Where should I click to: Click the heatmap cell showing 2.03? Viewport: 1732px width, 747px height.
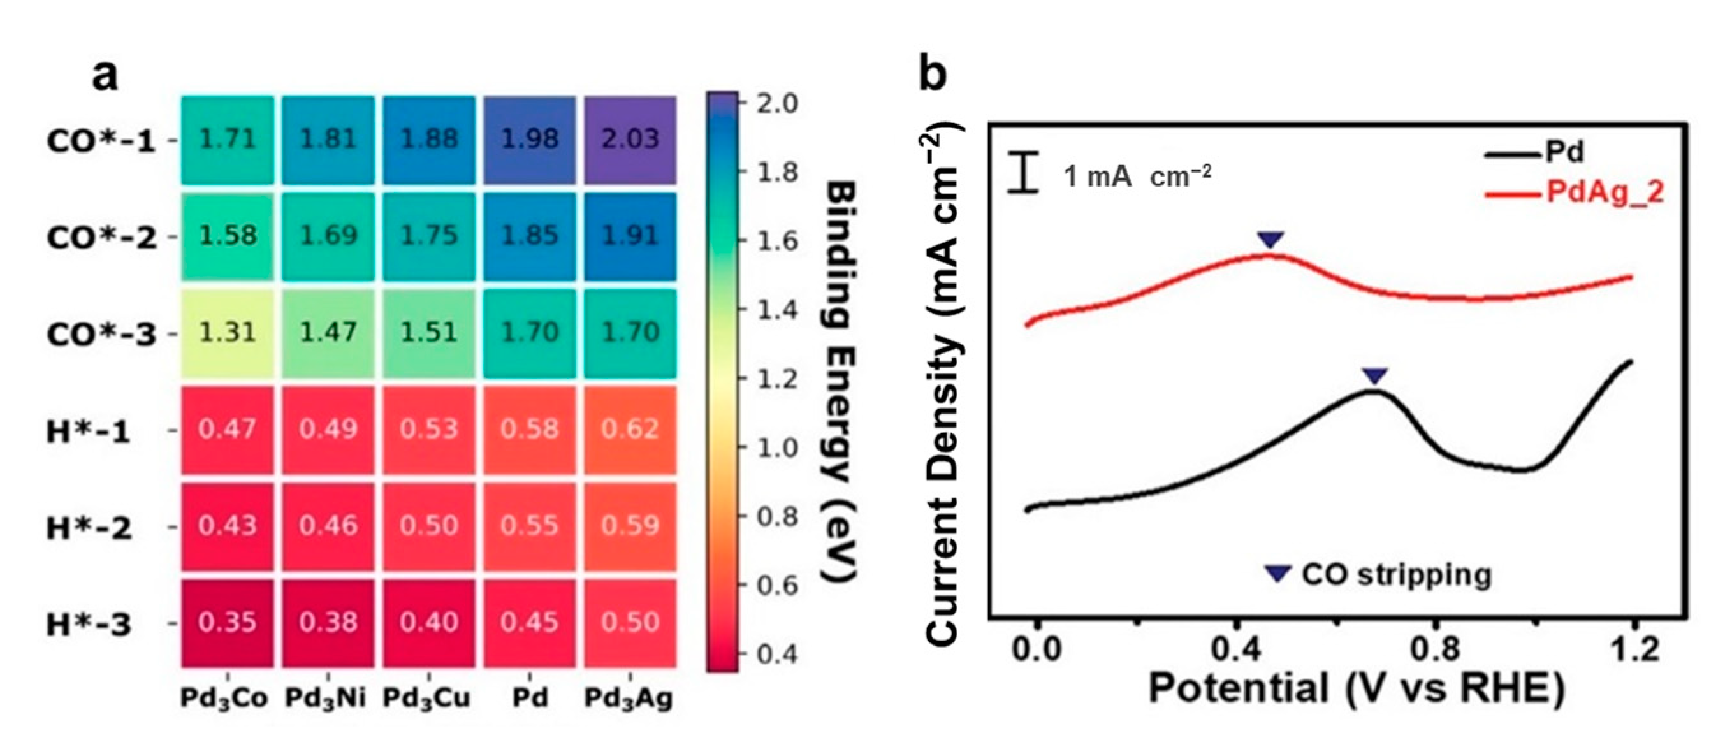pyautogui.click(x=630, y=140)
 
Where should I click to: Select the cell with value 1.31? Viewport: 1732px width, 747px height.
pyautogui.click(x=228, y=333)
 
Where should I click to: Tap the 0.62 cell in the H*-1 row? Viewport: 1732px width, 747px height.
pyautogui.click(x=630, y=429)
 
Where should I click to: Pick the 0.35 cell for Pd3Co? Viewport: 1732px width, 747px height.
pyautogui.click(x=228, y=623)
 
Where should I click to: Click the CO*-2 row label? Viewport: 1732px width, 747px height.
pyautogui.click(x=101, y=237)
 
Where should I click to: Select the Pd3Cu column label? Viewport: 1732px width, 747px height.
pyautogui.click(x=428, y=699)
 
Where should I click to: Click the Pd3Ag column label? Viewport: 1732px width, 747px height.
pyautogui.click(x=629, y=699)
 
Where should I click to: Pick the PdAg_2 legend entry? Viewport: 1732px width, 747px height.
pyautogui.click(x=1604, y=193)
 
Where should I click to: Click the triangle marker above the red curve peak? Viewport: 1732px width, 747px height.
pyautogui.click(x=1270, y=240)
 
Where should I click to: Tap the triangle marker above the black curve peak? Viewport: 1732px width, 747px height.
pyautogui.click(x=1374, y=376)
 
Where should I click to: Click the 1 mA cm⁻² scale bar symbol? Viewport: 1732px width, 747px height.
pyautogui.click(x=1023, y=174)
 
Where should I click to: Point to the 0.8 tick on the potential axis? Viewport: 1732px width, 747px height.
pyautogui.click(x=1435, y=650)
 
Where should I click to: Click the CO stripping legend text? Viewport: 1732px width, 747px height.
pyautogui.click(x=1396, y=575)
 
